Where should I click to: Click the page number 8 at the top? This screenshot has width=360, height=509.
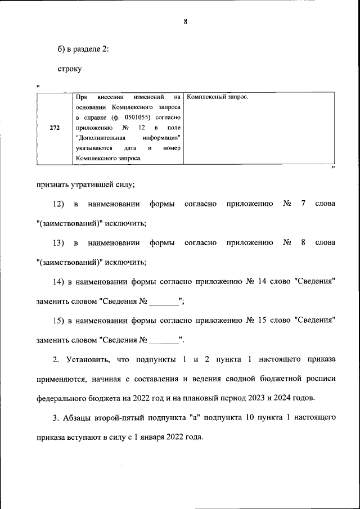185,22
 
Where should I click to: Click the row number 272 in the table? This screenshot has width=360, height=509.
55,128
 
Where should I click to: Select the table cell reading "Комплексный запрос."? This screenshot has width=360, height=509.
217,97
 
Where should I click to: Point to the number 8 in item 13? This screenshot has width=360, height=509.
303,242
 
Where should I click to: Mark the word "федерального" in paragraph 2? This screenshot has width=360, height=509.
61,398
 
